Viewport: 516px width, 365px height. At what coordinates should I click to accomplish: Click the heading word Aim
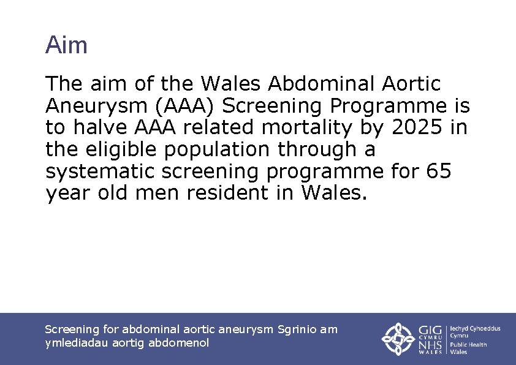pyautogui.click(x=66, y=45)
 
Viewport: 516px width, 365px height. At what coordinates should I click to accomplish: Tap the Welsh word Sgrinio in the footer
pyautogui.click(x=298, y=329)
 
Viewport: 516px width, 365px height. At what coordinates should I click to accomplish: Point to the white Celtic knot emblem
pyautogui.click(x=399, y=339)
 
